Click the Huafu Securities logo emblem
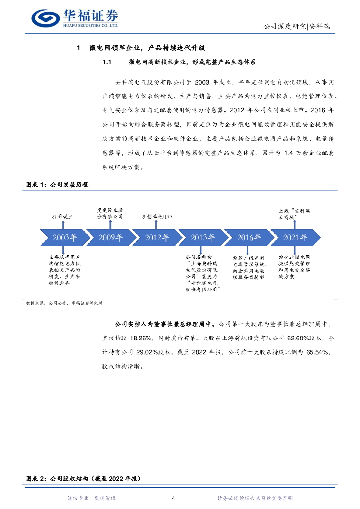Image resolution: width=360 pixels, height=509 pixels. (45, 18)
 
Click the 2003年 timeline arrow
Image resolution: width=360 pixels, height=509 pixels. (63, 237)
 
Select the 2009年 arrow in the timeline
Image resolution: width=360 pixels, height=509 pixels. (109, 237)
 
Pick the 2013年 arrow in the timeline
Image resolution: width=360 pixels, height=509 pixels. (201, 237)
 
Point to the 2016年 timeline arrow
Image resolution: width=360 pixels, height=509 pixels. (248, 237)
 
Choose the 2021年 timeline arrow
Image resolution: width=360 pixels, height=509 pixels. (294, 237)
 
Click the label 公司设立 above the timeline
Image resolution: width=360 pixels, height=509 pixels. (62, 217)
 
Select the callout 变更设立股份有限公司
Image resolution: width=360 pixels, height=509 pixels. (109, 214)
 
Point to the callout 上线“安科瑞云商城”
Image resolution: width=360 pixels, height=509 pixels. (294, 214)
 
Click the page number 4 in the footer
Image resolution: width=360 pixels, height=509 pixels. (173, 498)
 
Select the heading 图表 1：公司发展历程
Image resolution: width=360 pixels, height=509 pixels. (57, 184)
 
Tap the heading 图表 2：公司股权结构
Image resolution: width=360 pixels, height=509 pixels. (84, 479)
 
